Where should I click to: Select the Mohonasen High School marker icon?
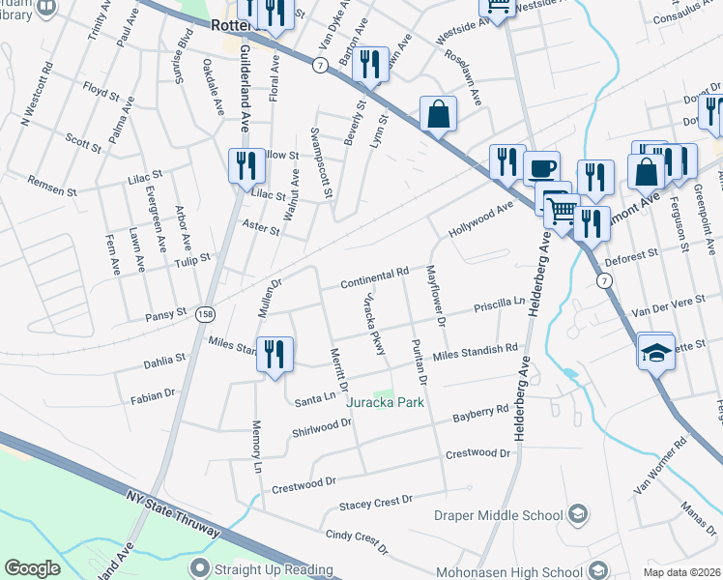pyautogui.click(x=599, y=570)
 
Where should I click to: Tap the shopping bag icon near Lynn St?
pyautogui.click(x=438, y=113)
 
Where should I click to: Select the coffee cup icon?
pyautogui.click(x=541, y=167)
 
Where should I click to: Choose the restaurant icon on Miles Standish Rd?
pyautogui.click(x=275, y=353)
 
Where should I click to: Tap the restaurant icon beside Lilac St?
pyautogui.click(x=246, y=165)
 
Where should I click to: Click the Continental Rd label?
pyautogui.click(x=375, y=279)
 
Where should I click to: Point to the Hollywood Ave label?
pyautogui.click(x=480, y=220)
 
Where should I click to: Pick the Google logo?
pyautogui.click(x=33, y=568)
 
